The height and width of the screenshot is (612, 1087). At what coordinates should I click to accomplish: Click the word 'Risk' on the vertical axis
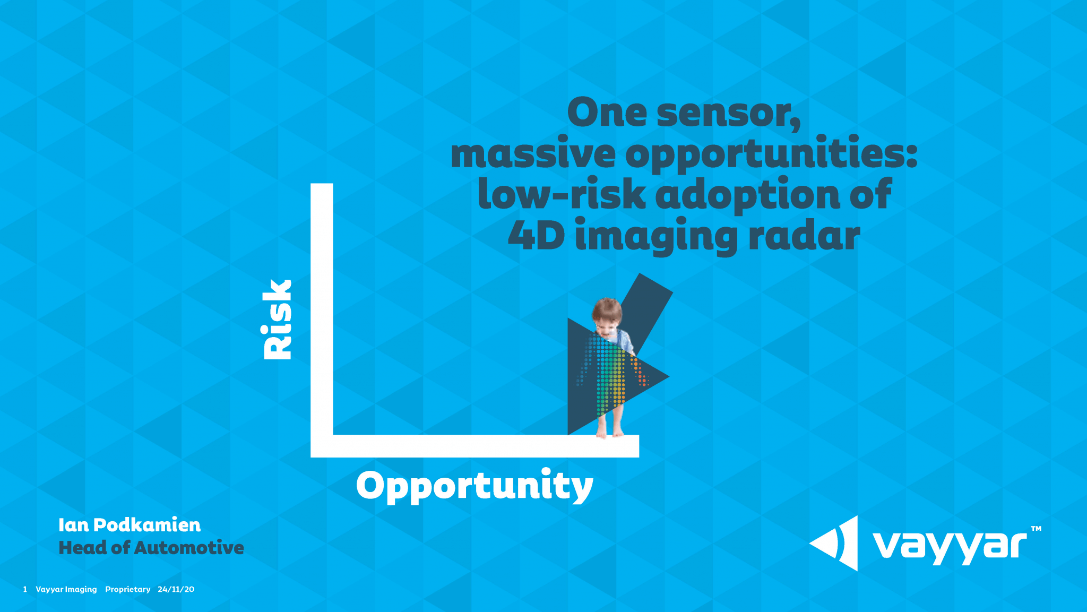tap(278, 320)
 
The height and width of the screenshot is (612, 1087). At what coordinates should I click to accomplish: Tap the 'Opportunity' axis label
tap(475, 485)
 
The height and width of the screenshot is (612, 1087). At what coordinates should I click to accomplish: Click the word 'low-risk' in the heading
tap(562, 194)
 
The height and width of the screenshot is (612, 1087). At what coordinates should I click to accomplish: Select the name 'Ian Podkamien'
tap(130, 525)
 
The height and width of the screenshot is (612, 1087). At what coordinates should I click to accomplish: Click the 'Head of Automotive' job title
tap(151, 547)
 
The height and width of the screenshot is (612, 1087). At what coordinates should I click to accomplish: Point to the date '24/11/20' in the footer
tap(176, 589)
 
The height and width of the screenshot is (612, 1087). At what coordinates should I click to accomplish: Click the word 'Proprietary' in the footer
tap(127, 589)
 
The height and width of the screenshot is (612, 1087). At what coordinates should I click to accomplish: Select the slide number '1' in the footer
tap(25, 589)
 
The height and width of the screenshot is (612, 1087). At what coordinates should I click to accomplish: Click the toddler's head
tap(607, 314)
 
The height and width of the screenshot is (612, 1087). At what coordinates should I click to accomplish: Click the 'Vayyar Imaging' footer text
tap(66, 589)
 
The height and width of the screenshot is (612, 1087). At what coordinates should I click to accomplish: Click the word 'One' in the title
tap(607, 113)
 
